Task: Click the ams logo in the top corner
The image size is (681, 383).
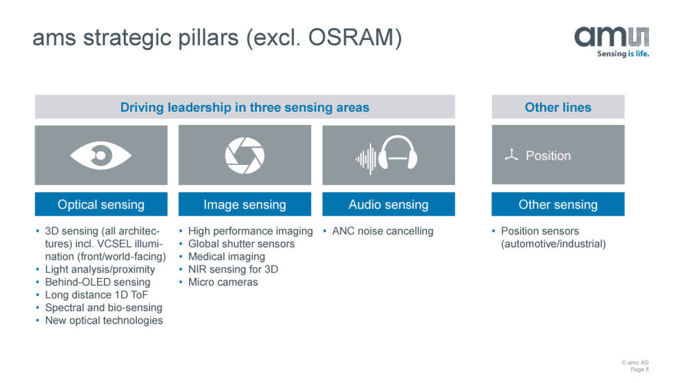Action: (611, 41)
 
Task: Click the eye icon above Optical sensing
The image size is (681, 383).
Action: (101, 156)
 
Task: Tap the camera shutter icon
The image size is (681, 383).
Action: (245, 156)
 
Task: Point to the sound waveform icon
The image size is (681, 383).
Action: (366, 159)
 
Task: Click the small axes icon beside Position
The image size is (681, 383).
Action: (510, 156)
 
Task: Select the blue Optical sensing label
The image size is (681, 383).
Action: (101, 205)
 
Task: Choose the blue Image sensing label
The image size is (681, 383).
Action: (245, 205)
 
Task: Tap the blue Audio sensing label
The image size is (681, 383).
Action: (388, 205)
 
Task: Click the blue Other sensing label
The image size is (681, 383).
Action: (558, 205)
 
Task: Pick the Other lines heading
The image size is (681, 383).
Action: (558, 107)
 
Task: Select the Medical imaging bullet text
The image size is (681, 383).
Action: (226, 257)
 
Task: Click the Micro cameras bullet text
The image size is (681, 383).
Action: (223, 282)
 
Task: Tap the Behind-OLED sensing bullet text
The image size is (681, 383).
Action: (97, 282)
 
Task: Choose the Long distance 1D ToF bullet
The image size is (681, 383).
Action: (96, 295)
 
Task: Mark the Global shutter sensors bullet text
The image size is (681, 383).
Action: (241, 244)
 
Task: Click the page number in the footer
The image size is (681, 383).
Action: (639, 370)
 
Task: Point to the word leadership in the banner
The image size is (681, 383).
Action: (196, 107)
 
